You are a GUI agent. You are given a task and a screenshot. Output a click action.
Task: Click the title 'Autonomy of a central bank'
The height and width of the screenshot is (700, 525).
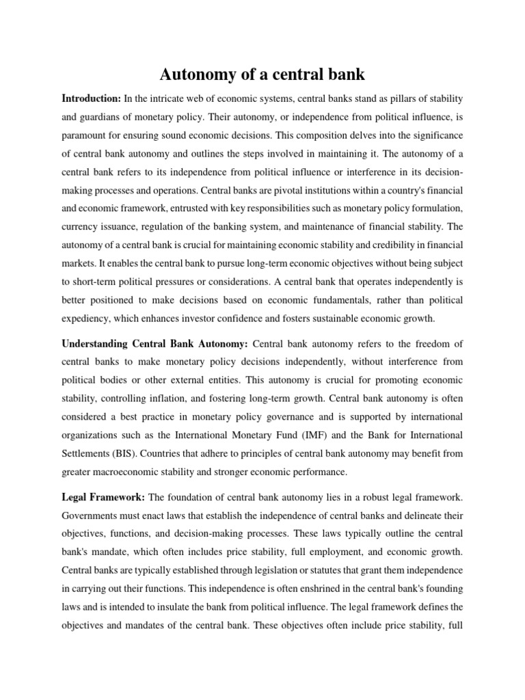click(262, 73)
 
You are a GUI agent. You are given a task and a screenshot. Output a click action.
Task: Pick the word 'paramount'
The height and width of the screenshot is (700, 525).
click(86, 135)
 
